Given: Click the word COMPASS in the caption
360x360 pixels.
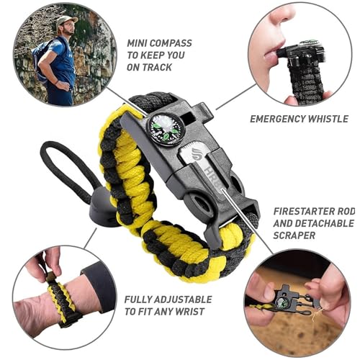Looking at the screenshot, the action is (x=171, y=43).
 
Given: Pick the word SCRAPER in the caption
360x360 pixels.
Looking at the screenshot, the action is (x=294, y=235).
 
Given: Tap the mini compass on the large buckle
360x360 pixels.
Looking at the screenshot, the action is (x=165, y=128).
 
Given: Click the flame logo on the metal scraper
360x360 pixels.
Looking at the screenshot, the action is (x=197, y=155).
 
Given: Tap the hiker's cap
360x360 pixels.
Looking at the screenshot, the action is (x=66, y=21).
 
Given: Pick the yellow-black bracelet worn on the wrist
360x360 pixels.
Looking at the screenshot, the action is (x=63, y=304).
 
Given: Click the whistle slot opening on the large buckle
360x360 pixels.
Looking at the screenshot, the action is (x=188, y=118).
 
